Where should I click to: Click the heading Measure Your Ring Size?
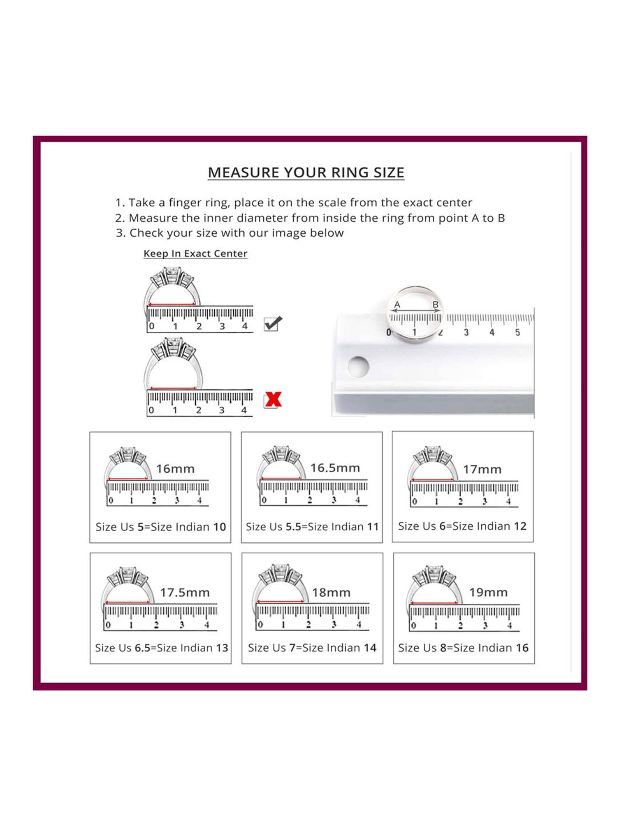click(306, 172)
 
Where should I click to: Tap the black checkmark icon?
click(273, 323)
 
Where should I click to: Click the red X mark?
click(273, 400)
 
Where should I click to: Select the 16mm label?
click(175, 469)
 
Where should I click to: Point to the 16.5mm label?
click(335, 468)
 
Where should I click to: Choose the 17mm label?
click(482, 469)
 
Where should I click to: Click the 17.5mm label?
click(185, 593)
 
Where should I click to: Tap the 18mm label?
click(331, 593)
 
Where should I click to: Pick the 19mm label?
click(488, 593)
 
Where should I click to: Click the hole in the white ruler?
click(358, 367)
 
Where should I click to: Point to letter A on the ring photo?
click(397, 305)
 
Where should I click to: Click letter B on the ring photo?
click(436, 305)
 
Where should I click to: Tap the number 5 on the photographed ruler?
click(517, 332)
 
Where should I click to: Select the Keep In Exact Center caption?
click(195, 253)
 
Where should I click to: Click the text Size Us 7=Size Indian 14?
click(312, 648)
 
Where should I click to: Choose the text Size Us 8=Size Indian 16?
click(463, 648)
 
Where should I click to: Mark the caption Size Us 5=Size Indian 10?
click(161, 527)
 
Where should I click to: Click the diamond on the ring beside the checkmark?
click(172, 275)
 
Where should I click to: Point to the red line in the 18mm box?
click(280, 602)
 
